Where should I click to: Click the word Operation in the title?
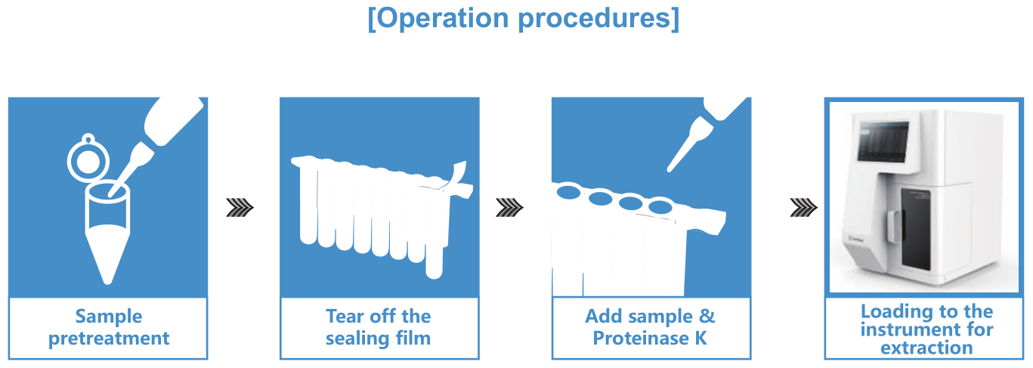coord(443,18)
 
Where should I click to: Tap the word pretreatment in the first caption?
coord(109,339)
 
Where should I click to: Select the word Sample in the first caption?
coord(109,317)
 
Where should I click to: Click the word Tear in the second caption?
coord(345,317)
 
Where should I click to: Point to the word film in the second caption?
coord(413,338)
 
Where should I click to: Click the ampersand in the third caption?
coord(707,317)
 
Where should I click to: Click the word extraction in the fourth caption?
coord(926,348)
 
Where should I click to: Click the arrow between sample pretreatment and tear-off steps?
coord(240,208)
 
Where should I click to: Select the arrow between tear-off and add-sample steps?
coord(509,208)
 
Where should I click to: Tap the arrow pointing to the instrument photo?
coord(804,208)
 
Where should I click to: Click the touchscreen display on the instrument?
coord(883,141)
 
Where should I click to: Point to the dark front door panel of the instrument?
coord(917,228)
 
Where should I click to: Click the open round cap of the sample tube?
coord(88,160)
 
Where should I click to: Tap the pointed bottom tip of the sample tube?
coord(107,280)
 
